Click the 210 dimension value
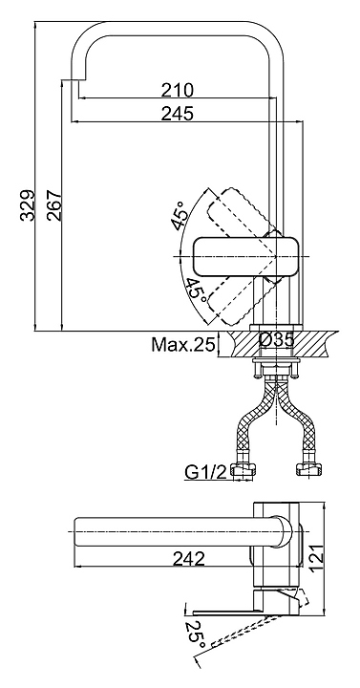tap(178, 90)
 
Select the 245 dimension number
tap(178, 114)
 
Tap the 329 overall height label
tap(28, 205)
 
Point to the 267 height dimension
tap(53, 205)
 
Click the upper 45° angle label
tap(180, 215)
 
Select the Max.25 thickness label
tap(183, 345)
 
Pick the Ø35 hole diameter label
tap(276, 340)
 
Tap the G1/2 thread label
tap(205, 472)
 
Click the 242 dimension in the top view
tap(188, 559)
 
